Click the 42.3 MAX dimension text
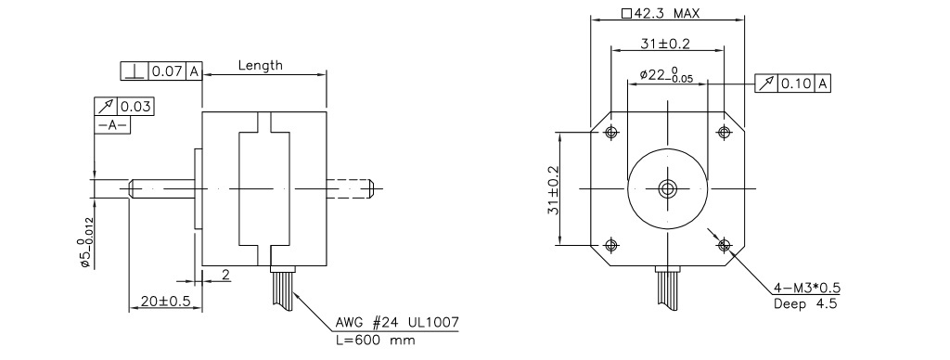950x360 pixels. [661, 13]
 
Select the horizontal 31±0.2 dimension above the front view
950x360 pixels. [665, 43]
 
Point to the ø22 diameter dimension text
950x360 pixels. [666, 75]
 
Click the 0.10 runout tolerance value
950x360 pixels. [795, 84]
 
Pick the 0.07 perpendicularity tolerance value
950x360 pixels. [167, 71]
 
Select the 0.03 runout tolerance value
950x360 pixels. [135, 108]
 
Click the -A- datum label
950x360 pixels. [112, 125]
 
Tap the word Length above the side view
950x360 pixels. [261, 66]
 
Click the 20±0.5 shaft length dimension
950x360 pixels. [165, 301]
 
